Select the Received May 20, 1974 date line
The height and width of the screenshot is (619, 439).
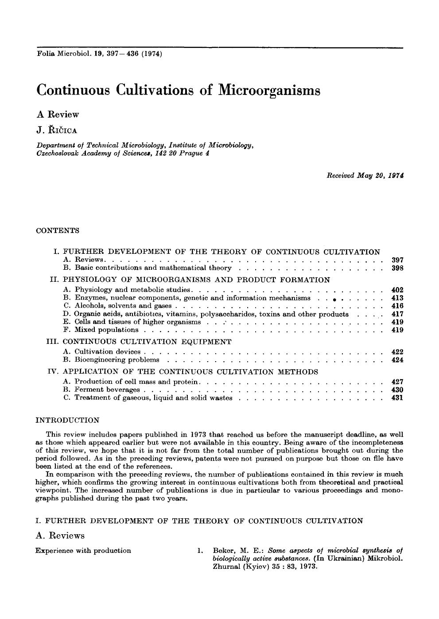(x=365, y=175)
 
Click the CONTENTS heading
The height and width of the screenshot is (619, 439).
(x=57, y=230)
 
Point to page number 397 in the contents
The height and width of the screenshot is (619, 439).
(x=397, y=260)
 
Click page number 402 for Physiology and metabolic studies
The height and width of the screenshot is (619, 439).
(x=397, y=290)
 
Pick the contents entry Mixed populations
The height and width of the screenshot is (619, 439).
(x=106, y=330)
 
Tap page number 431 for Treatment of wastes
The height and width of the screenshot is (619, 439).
(x=397, y=398)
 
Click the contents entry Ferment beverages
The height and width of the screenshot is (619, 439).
(x=107, y=390)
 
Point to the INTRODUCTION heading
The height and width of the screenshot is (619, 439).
(x=67, y=420)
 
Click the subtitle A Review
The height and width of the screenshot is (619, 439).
(x=58, y=114)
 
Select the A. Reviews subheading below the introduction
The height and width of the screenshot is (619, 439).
(x=60, y=536)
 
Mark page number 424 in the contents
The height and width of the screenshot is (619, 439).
(x=397, y=360)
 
